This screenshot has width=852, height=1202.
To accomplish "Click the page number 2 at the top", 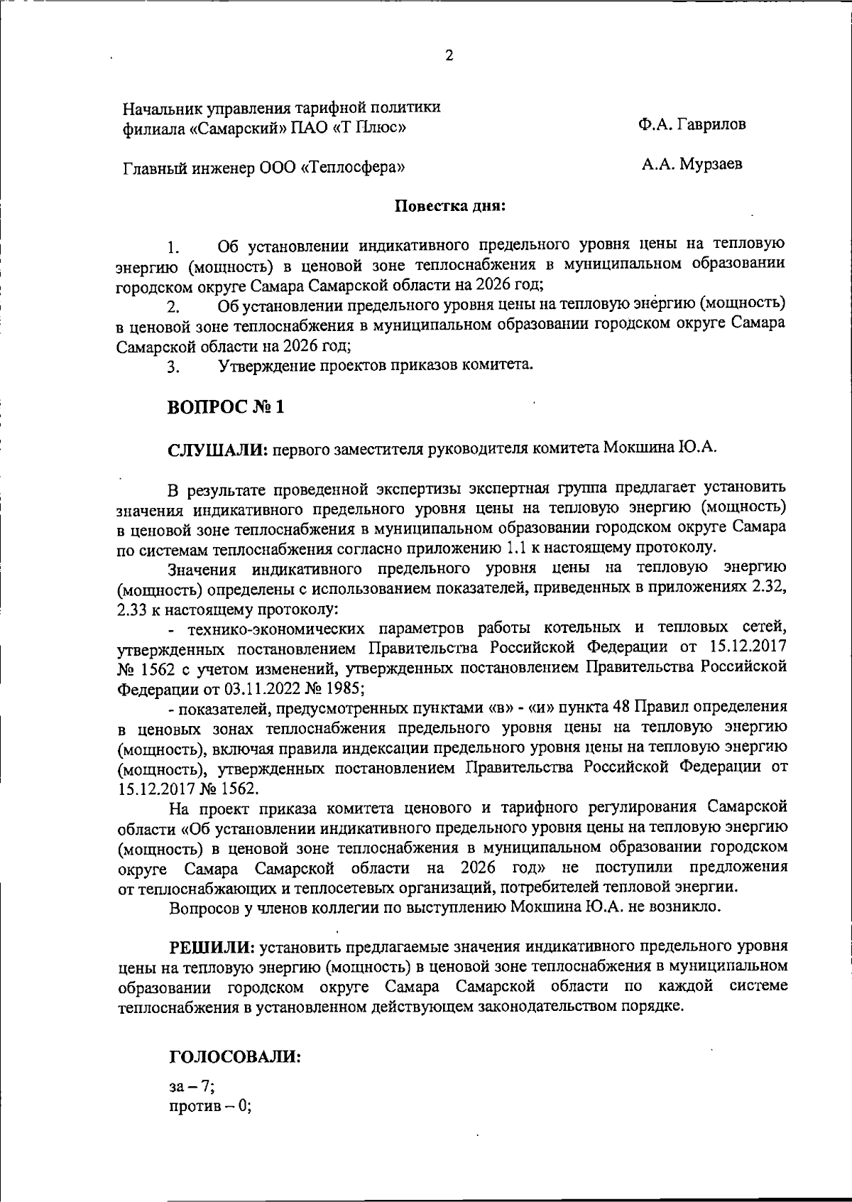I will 448,56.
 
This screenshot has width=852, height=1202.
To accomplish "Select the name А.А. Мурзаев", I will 692,166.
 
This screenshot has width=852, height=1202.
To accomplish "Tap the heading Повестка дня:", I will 449,207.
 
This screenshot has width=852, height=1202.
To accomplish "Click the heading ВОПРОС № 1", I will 226,408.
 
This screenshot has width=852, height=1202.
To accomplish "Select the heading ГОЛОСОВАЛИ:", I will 235,1056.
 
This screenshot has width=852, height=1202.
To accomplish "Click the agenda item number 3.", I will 173,367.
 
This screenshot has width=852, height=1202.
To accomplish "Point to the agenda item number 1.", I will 173,248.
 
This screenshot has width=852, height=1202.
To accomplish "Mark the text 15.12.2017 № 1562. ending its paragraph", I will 188,789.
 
